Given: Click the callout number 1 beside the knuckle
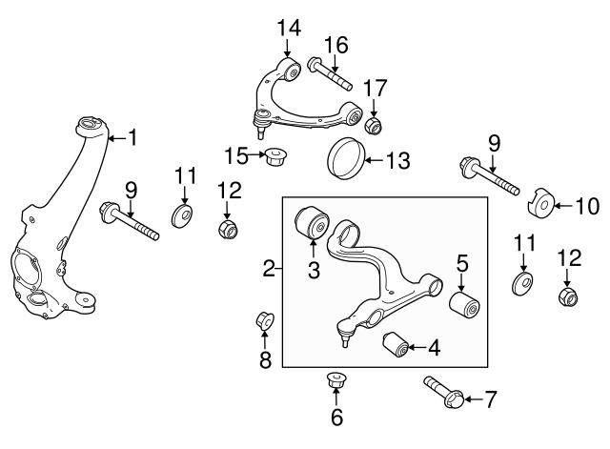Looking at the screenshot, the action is [x=133, y=137].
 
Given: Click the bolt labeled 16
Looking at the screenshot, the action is [x=331, y=73].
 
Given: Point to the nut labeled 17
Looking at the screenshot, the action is [x=374, y=125].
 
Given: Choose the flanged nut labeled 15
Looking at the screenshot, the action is [x=274, y=155].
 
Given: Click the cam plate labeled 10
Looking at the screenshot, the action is [x=540, y=203].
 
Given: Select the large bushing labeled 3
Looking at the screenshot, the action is [x=312, y=222].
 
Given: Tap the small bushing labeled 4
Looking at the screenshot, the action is [x=396, y=344].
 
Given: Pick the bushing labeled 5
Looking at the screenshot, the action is [x=464, y=305].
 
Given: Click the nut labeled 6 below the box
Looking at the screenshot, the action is [x=336, y=379].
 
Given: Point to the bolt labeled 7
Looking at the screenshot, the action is [x=444, y=392].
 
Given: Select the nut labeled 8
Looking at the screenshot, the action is [x=265, y=320].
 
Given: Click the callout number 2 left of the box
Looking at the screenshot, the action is [x=269, y=269].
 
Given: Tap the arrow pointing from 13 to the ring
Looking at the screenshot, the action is [x=375, y=159].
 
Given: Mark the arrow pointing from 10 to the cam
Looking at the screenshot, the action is [x=562, y=206].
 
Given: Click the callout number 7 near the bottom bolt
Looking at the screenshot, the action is [x=491, y=399].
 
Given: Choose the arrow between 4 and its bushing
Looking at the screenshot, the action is [x=417, y=347].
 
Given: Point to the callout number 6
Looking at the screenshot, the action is [x=336, y=418].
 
